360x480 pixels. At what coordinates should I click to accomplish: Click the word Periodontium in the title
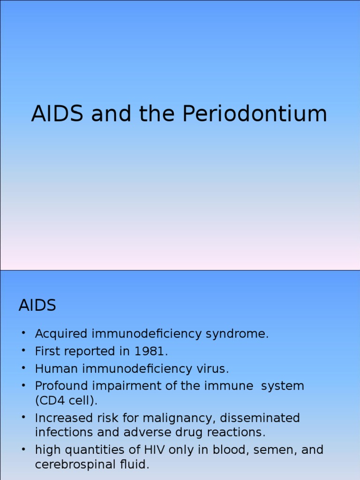click(254, 114)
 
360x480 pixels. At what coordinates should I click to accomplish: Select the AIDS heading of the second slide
click(37, 306)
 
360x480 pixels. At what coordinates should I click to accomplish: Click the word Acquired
click(61, 334)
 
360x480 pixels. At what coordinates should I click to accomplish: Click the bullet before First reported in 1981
click(23, 351)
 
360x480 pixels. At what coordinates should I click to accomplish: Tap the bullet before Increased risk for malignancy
click(23, 417)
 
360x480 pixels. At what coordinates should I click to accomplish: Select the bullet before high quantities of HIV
click(23, 449)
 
